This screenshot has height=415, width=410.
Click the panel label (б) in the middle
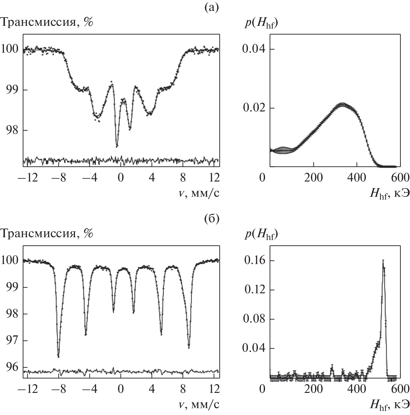pos(212,219)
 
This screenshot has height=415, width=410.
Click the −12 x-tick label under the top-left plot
pos(28,178)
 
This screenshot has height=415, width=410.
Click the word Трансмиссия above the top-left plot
pos(39,22)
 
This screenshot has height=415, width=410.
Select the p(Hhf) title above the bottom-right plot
pos(261,234)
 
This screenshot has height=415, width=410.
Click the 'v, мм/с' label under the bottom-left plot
pos(199,404)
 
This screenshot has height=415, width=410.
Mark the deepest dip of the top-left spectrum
pos(117,146)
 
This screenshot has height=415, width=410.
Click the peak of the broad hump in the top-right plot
pos(342,104)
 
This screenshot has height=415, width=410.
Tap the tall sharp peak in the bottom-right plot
pos(383,261)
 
